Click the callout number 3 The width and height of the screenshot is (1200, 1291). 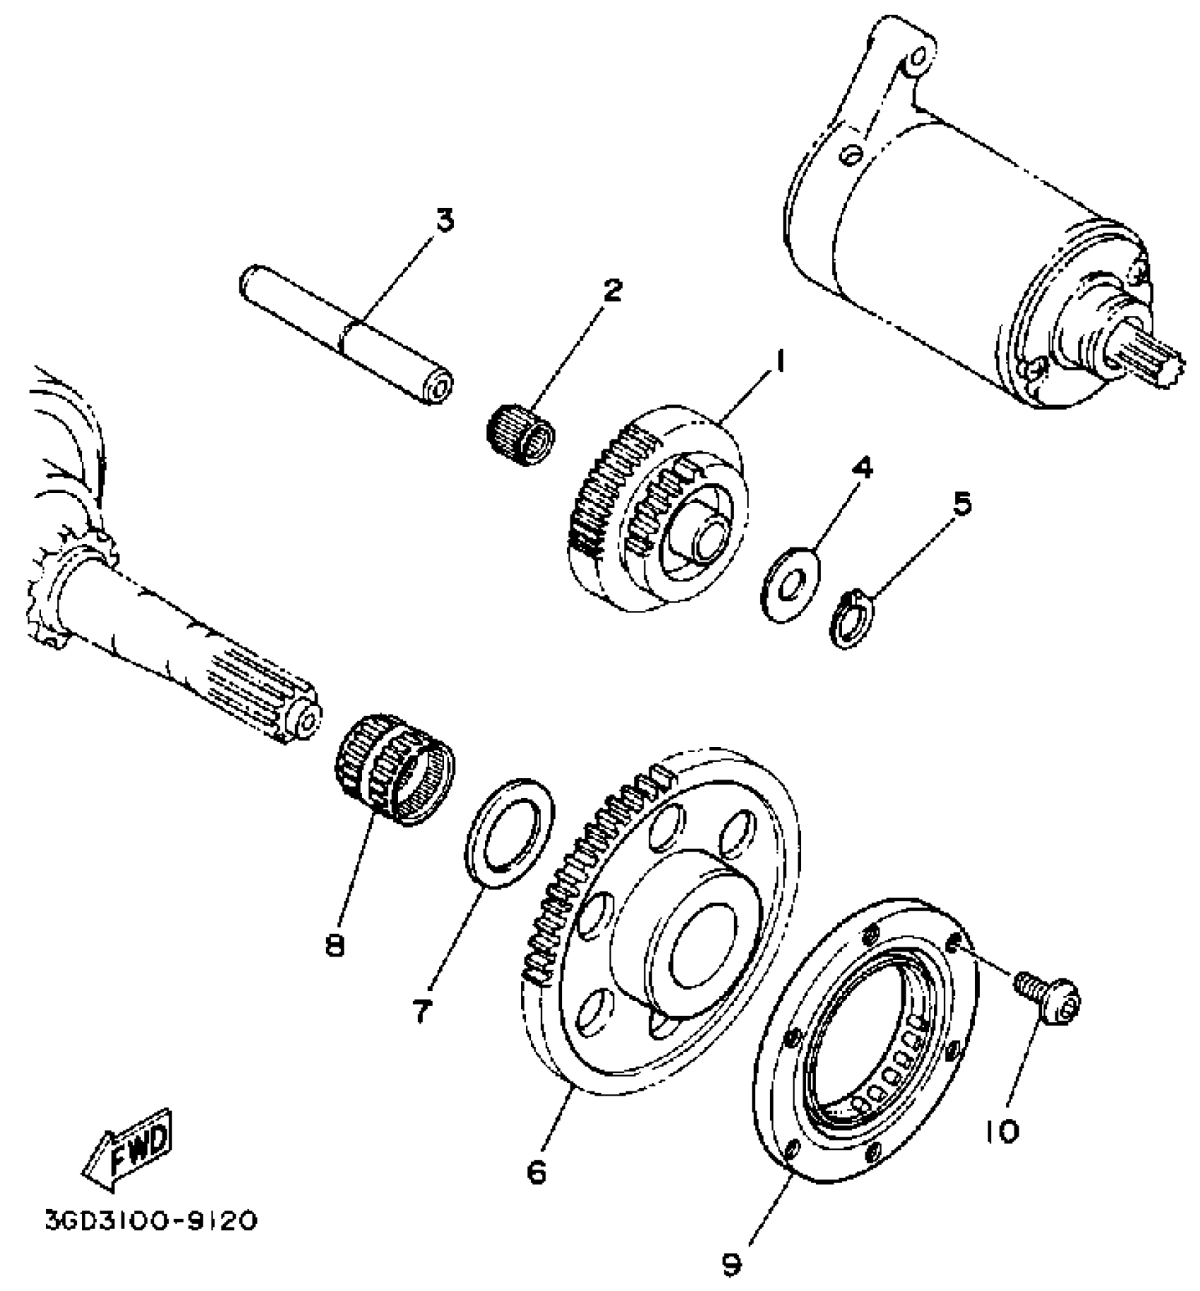tap(443, 221)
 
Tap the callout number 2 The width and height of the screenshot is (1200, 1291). tap(612, 289)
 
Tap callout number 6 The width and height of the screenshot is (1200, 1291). tap(537, 1172)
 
